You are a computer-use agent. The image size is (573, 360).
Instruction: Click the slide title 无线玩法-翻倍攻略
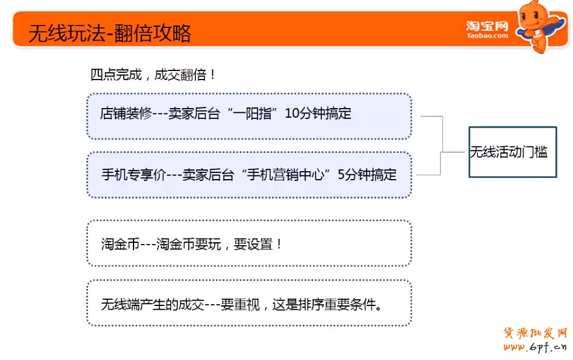pyautogui.click(x=110, y=33)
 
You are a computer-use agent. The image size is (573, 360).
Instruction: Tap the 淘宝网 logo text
pyautogui.click(x=487, y=26)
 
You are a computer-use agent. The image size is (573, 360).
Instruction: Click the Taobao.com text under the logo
pyautogui.click(x=487, y=35)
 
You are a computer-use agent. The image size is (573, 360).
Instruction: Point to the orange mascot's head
pyautogui.click(x=531, y=15)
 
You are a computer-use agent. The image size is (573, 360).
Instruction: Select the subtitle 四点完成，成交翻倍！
pyautogui.click(x=153, y=75)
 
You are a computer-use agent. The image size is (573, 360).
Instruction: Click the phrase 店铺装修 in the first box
pyautogui.click(x=126, y=114)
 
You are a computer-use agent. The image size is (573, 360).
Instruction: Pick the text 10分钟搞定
pyautogui.click(x=318, y=114)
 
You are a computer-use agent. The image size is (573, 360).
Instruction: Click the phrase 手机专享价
pyautogui.click(x=134, y=175)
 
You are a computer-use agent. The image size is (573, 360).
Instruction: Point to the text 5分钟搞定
pyautogui.click(x=367, y=175)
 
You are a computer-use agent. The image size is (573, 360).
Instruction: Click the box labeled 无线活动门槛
pyautogui.click(x=512, y=152)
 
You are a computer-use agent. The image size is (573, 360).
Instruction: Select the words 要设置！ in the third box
pyautogui.click(x=258, y=244)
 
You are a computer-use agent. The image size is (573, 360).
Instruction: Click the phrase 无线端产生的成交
pyautogui.click(x=153, y=304)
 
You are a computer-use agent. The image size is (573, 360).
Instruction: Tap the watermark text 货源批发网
pyautogui.click(x=535, y=333)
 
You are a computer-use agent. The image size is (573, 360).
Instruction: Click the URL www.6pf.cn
pyautogui.click(x=535, y=347)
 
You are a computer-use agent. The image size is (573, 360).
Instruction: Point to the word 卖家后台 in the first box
pyautogui.click(x=194, y=114)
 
